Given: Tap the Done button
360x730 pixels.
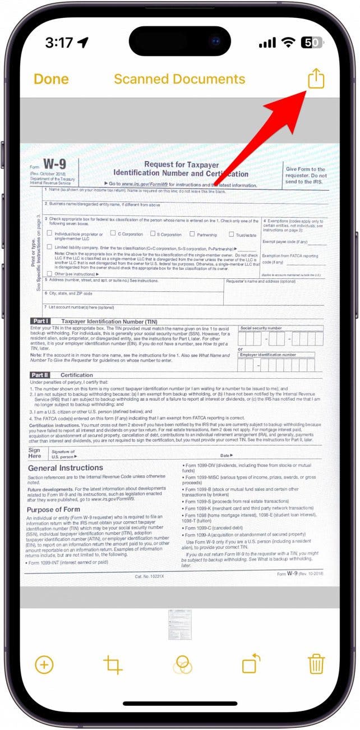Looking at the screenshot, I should click(51, 79).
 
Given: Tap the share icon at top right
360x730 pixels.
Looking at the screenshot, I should click(316, 79).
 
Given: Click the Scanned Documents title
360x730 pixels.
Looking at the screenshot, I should click(179, 79).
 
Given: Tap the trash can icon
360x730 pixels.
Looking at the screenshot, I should click(316, 664).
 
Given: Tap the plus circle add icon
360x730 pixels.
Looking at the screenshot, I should click(44, 664).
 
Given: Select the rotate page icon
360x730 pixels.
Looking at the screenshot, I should click(251, 664).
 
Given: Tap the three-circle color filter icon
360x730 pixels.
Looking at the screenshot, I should click(182, 664).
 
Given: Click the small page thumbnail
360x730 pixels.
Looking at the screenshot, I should click(179, 624).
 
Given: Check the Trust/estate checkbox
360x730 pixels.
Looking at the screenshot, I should click(231, 234).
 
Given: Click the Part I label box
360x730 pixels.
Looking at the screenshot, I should click(41, 321).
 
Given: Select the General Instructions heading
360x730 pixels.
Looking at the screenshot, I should click(66, 467).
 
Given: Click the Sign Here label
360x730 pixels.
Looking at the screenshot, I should click(35, 453).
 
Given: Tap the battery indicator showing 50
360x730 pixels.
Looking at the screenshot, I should click(311, 43).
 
